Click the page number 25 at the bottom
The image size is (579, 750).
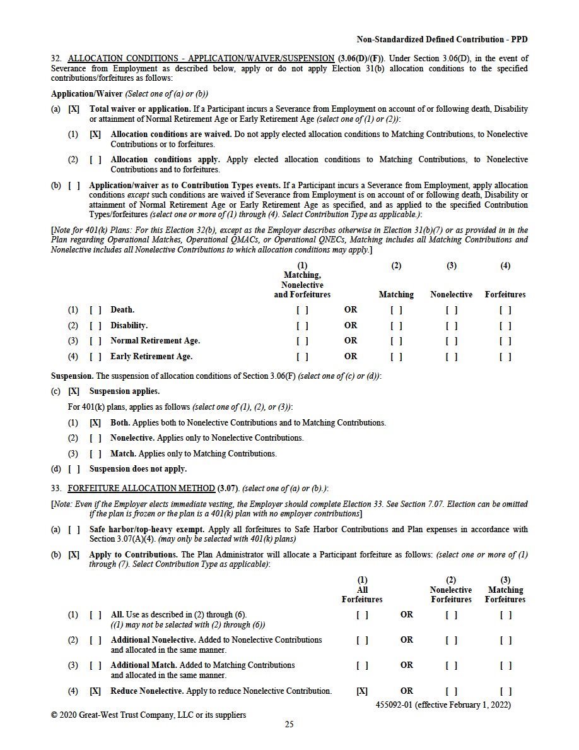(x=289, y=724)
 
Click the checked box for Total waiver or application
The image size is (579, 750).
(x=74, y=109)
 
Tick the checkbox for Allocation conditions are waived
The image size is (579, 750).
(x=95, y=134)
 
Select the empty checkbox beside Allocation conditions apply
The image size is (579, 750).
(x=95, y=160)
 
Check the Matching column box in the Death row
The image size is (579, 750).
(x=396, y=310)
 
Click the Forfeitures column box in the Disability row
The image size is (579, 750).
(x=505, y=326)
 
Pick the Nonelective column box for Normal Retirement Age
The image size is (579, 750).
(x=452, y=341)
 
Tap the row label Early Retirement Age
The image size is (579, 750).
(x=151, y=356)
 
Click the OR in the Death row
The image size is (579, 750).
(x=351, y=310)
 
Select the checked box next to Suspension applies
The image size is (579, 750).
(x=74, y=391)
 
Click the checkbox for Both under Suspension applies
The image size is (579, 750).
(x=95, y=422)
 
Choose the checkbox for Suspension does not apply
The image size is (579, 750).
(x=74, y=469)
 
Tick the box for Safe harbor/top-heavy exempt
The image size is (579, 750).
(x=74, y=530)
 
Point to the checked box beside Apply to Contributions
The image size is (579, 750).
(x=74, y=555)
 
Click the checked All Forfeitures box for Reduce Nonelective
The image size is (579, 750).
(x=362, y=691)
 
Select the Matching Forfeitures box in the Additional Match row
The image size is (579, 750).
(x=505, y=665)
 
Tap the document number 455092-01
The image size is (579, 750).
(x=396, y=704)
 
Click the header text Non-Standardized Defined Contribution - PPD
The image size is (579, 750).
(x=442, y=39)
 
